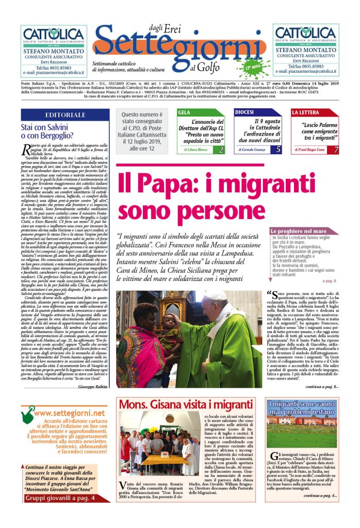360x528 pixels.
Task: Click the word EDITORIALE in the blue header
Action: pyautogui.click(x=65, y=114)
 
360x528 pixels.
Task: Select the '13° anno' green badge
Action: pyautogui.click(x=253, y=68)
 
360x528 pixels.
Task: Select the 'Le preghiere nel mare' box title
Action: pyautogui.click(x=299, y=232)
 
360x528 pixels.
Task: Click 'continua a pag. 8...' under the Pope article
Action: pyautogui.click(x=322, y=386)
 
